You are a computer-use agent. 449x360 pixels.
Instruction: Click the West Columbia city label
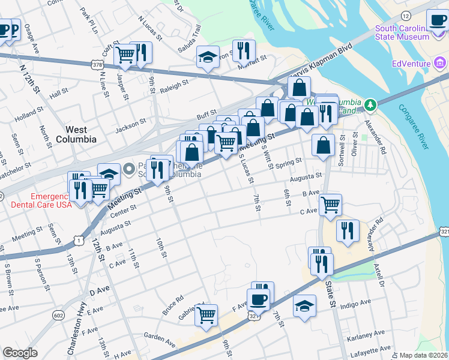(76, 134)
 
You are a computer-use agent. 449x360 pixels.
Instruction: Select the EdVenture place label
(411, 64)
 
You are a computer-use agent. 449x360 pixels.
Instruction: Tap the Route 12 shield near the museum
(407, 15)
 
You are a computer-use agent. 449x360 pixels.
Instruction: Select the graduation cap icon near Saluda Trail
(208, 58)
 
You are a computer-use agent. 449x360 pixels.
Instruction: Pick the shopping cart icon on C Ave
(330, 204)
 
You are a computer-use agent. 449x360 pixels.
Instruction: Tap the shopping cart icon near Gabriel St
(206, 314)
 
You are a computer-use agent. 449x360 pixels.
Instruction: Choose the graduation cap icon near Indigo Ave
(305, 305)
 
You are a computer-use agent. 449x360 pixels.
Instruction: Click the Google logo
(20, 353)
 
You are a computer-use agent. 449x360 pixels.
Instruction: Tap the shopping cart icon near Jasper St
(125, 55)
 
